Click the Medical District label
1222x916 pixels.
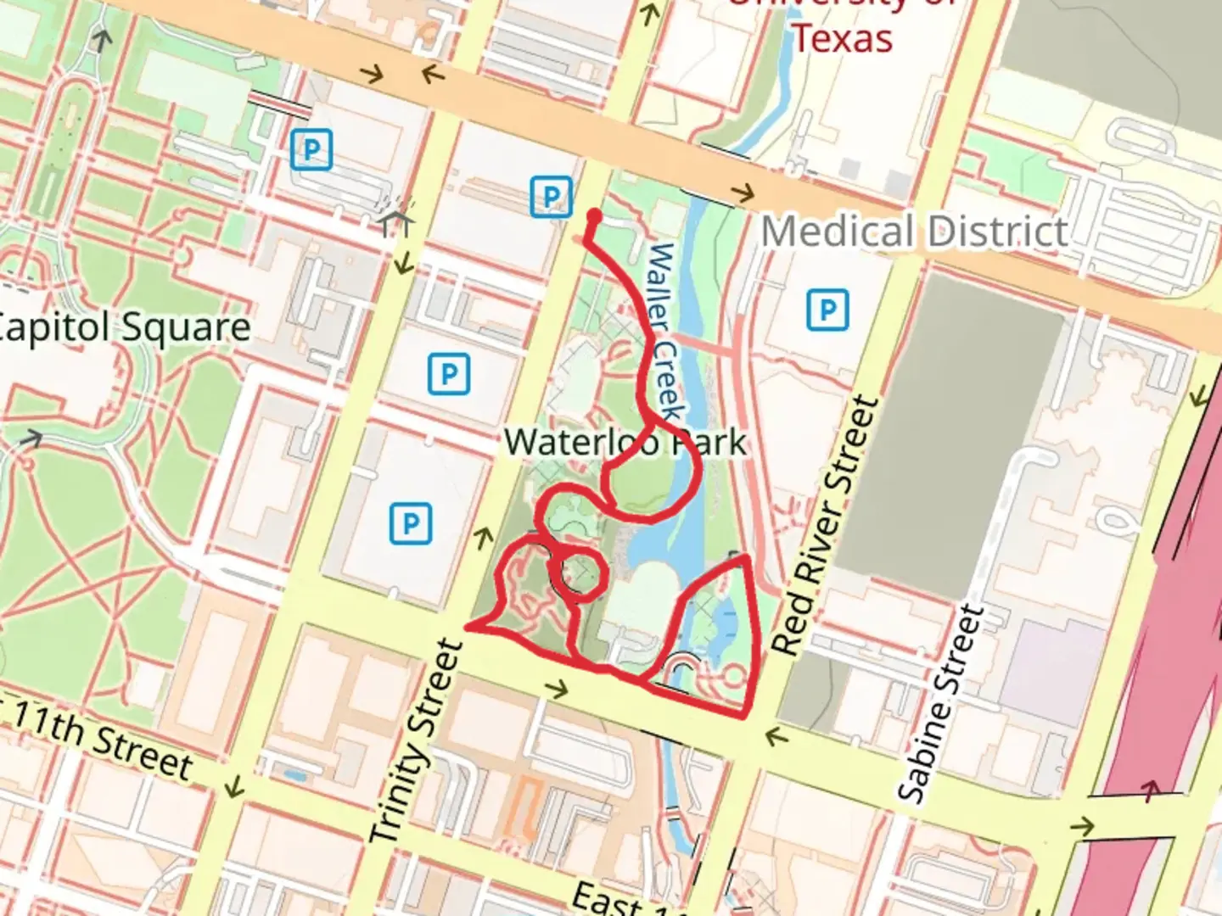pos(914,232)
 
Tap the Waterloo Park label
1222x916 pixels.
pos(625,442)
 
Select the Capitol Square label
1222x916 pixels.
pos(123,327)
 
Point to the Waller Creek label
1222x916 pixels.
pos(664,331)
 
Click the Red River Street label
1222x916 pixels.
pos(824,526)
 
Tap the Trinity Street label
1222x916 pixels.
pos(417,742)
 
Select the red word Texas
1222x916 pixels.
pos(842,38)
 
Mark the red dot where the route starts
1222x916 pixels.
pos(594,217)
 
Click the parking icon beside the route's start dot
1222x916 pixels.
pos(551,198)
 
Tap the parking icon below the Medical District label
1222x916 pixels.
pos(827,310)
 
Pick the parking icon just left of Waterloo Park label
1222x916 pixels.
pos(449,373)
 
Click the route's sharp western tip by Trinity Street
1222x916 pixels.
pos(468,628)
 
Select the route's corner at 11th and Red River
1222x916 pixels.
pos(745,717)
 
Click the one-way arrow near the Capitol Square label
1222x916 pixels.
pos(31,438)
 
